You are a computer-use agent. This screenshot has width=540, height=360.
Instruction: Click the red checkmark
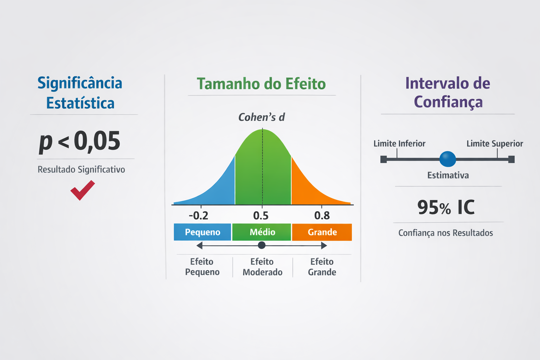click(x=83, y=190)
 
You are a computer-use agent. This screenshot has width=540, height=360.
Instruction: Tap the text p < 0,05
click(x=79, y=142)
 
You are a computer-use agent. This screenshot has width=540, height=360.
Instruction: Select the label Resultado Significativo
click(x=81, y=169)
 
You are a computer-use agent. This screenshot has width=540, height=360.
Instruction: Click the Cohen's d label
click(x=262, y=117)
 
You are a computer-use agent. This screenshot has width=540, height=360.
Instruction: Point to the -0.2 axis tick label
click(x=198, y=216)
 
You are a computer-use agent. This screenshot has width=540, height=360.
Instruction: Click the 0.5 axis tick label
click(x=261, y=216)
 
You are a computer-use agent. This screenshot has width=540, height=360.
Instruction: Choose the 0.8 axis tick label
click(x=322, y=216)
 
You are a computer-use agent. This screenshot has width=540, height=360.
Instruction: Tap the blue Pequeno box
click(x=202, y=232)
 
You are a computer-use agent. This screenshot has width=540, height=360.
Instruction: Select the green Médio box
click(x=262, y=232)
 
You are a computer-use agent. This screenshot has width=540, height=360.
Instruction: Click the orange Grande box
click(x=322, y=232)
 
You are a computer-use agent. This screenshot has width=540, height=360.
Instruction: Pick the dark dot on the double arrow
click(x=262, y=245)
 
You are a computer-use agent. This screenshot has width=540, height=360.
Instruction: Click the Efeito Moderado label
click(x=262, y=267)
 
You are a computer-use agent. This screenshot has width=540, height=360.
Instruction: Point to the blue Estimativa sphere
click(x=448, y=159)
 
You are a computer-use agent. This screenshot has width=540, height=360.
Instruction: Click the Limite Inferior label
click(x=399, y=144)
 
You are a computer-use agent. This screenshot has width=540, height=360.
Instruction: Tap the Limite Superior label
click(x=495, y=144)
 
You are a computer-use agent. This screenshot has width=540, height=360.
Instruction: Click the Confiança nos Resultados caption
click(x=445, y=233)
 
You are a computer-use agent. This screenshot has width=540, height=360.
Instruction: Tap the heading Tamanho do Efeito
click(x=261, y=84)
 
